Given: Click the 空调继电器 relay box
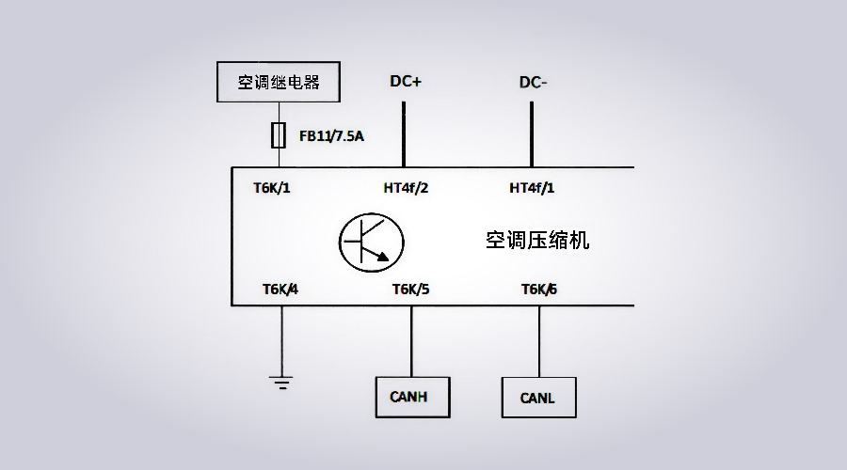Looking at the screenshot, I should coord(279,82).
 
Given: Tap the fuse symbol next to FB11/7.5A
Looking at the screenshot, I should coord(279,136).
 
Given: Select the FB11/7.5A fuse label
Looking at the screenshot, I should coord(331,137).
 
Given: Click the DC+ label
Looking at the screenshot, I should coord(406,82).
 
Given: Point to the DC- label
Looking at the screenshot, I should coord(533,83).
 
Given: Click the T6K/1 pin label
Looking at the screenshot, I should coord(272,187).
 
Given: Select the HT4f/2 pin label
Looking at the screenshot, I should coord(406,187).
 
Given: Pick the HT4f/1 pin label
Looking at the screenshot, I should coord(532,187).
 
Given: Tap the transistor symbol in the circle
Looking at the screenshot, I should coord(371,241).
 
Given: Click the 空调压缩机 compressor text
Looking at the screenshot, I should coord(537,241).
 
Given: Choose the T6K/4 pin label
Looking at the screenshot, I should coord(280,289).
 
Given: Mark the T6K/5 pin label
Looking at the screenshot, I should coord(410,289).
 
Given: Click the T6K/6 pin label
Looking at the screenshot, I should coord(539,289).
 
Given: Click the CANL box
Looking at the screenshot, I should coord(538,398).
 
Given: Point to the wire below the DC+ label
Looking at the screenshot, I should coord(405,132).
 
